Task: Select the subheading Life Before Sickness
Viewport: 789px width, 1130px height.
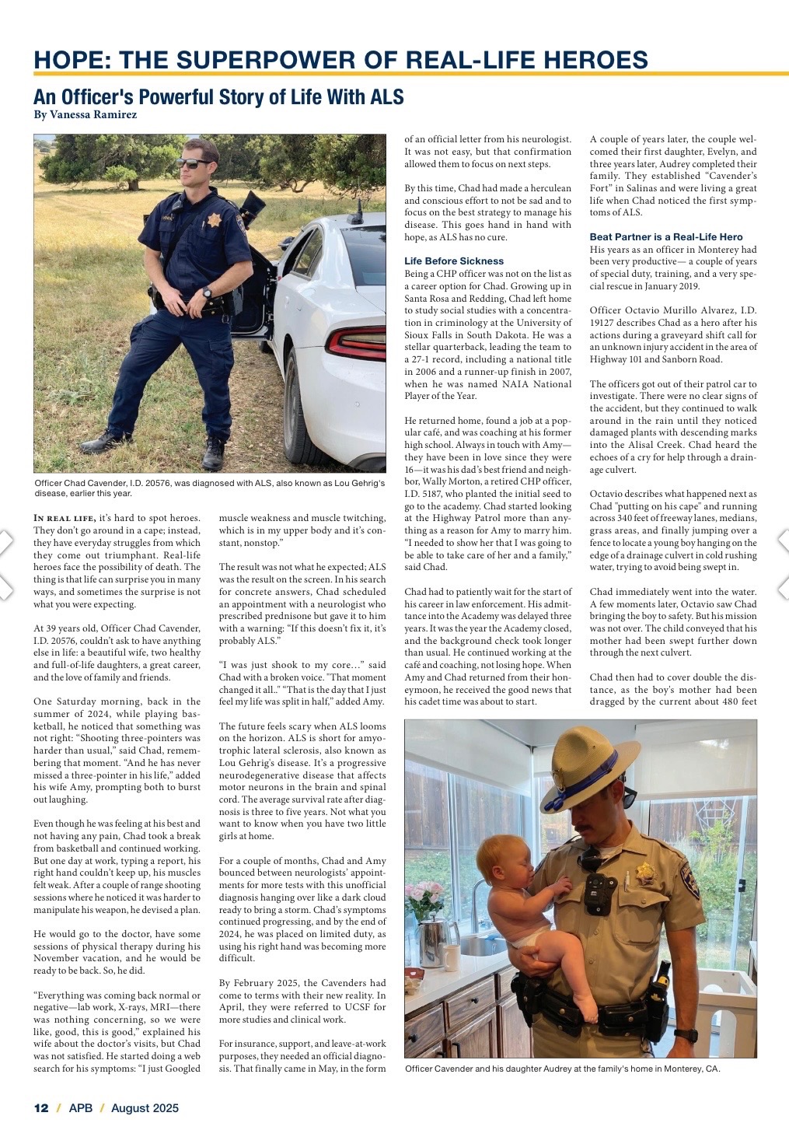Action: click(x=454, y=261)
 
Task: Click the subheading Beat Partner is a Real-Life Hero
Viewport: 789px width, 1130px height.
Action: click(x=666, y=236)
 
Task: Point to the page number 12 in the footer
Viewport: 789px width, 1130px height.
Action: click(x=41, y=1108)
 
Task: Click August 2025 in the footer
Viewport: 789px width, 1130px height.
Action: click(x=145, y=1108)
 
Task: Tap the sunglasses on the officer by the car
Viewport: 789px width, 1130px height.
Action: click(x=191, y=163)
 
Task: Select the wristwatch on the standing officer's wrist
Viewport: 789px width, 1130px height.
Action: click(x=207, y=293)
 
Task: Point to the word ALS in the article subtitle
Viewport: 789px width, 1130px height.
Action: click(x=387, y=96)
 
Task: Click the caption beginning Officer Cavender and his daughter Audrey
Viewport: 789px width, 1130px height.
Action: click(x=563, y=1069)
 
